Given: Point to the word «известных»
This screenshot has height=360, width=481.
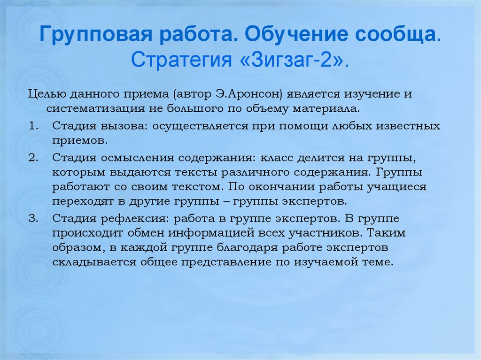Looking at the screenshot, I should click(x=410, y=126).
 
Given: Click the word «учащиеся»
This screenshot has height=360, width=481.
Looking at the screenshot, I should click(x=399, y=187).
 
